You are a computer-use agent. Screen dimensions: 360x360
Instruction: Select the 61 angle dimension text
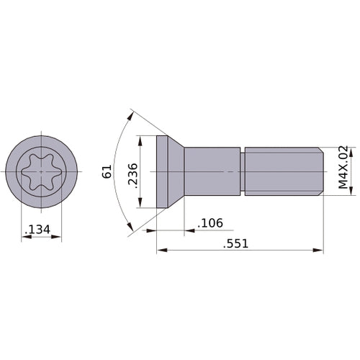pyautogui.click(x=107, y=172)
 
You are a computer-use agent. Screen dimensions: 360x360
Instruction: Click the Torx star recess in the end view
pyautogui.click(x=42, y=171)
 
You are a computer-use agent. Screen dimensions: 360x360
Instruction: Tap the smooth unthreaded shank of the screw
pyautogui.click(x=212, y=171)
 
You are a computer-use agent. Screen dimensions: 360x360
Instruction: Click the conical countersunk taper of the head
pyautogui.click(x=176, y=171)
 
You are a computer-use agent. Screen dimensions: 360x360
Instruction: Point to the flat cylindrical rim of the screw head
pyautogui.click(x=161, y=171)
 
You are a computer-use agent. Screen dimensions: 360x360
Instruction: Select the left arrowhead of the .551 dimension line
pyautogui.click(x=161, y=251)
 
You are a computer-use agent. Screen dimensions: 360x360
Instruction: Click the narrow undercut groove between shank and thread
pyautogui.click(x=243, y=171)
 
